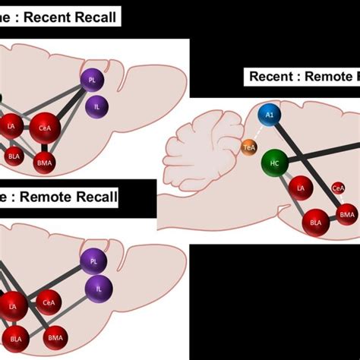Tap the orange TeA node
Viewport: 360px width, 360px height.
click(x=249, y=147)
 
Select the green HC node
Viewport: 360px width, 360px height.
click(x=274, y=163)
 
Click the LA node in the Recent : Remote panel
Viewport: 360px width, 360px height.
click(x=302, y=188)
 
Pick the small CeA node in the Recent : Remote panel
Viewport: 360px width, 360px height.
click(x=339, y=188)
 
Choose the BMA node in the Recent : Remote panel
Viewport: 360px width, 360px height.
click(x=347, y=216)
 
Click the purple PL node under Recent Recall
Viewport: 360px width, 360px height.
click(x=93, y=79)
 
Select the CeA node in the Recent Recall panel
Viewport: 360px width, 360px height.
click(x=45, y=128)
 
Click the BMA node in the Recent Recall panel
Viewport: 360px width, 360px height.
click(x=45, y=161)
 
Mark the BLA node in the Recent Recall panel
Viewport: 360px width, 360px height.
click(x=14, y=156)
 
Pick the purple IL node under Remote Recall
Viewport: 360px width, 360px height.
click(x=99, y=288)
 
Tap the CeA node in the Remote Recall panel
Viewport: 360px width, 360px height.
click(x=49, y=303)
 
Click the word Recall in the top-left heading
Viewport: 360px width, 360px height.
click(x=95, y=16)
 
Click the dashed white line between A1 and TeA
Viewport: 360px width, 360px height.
click(x=257, y=131)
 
